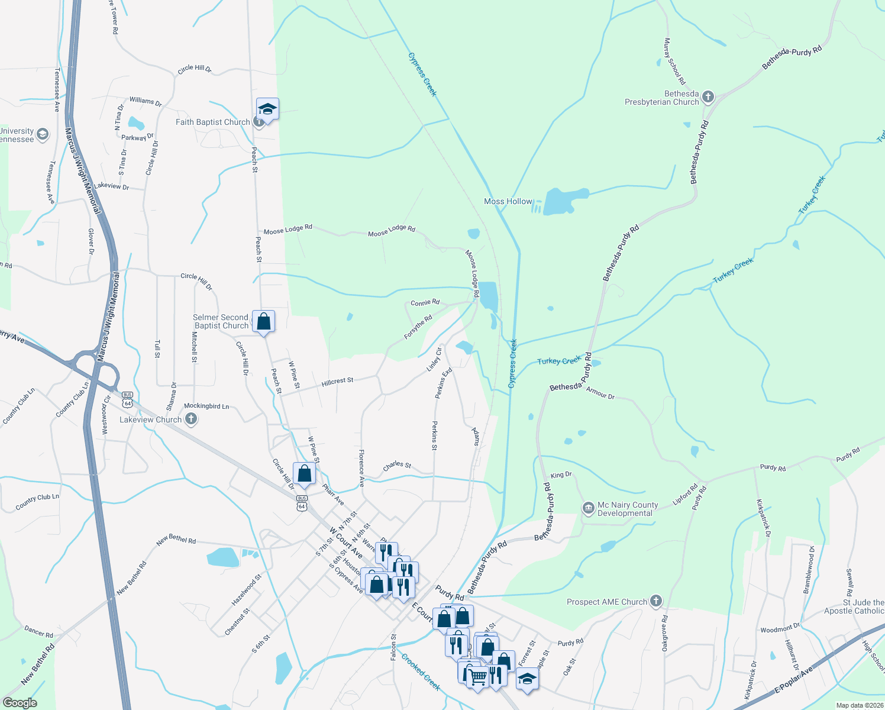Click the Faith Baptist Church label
[x=212, y=122]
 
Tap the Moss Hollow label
[x=508, y=202]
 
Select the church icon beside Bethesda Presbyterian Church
[x=708, y=98]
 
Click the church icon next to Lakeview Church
[x=190, y=419]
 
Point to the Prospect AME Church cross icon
[x=655, y=602]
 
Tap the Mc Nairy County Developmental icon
[x=588, y=508]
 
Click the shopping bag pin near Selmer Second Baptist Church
[x=264, y=322]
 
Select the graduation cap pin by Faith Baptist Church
[x=267, y=109]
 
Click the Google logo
[x=20, y=703]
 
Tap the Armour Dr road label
[x=600, y=393]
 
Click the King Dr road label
[x=561, y=475]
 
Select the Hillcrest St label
[x=337, y=382]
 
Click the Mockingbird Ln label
[x=206, y=406]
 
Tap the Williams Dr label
[x=146, y=101]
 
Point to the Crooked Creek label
[x=421, y=672]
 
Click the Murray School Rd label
[x=674, y=61]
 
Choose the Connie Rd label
[x=425, y=303]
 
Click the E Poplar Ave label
[x=794, y=680]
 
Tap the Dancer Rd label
[x=39, y=632]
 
